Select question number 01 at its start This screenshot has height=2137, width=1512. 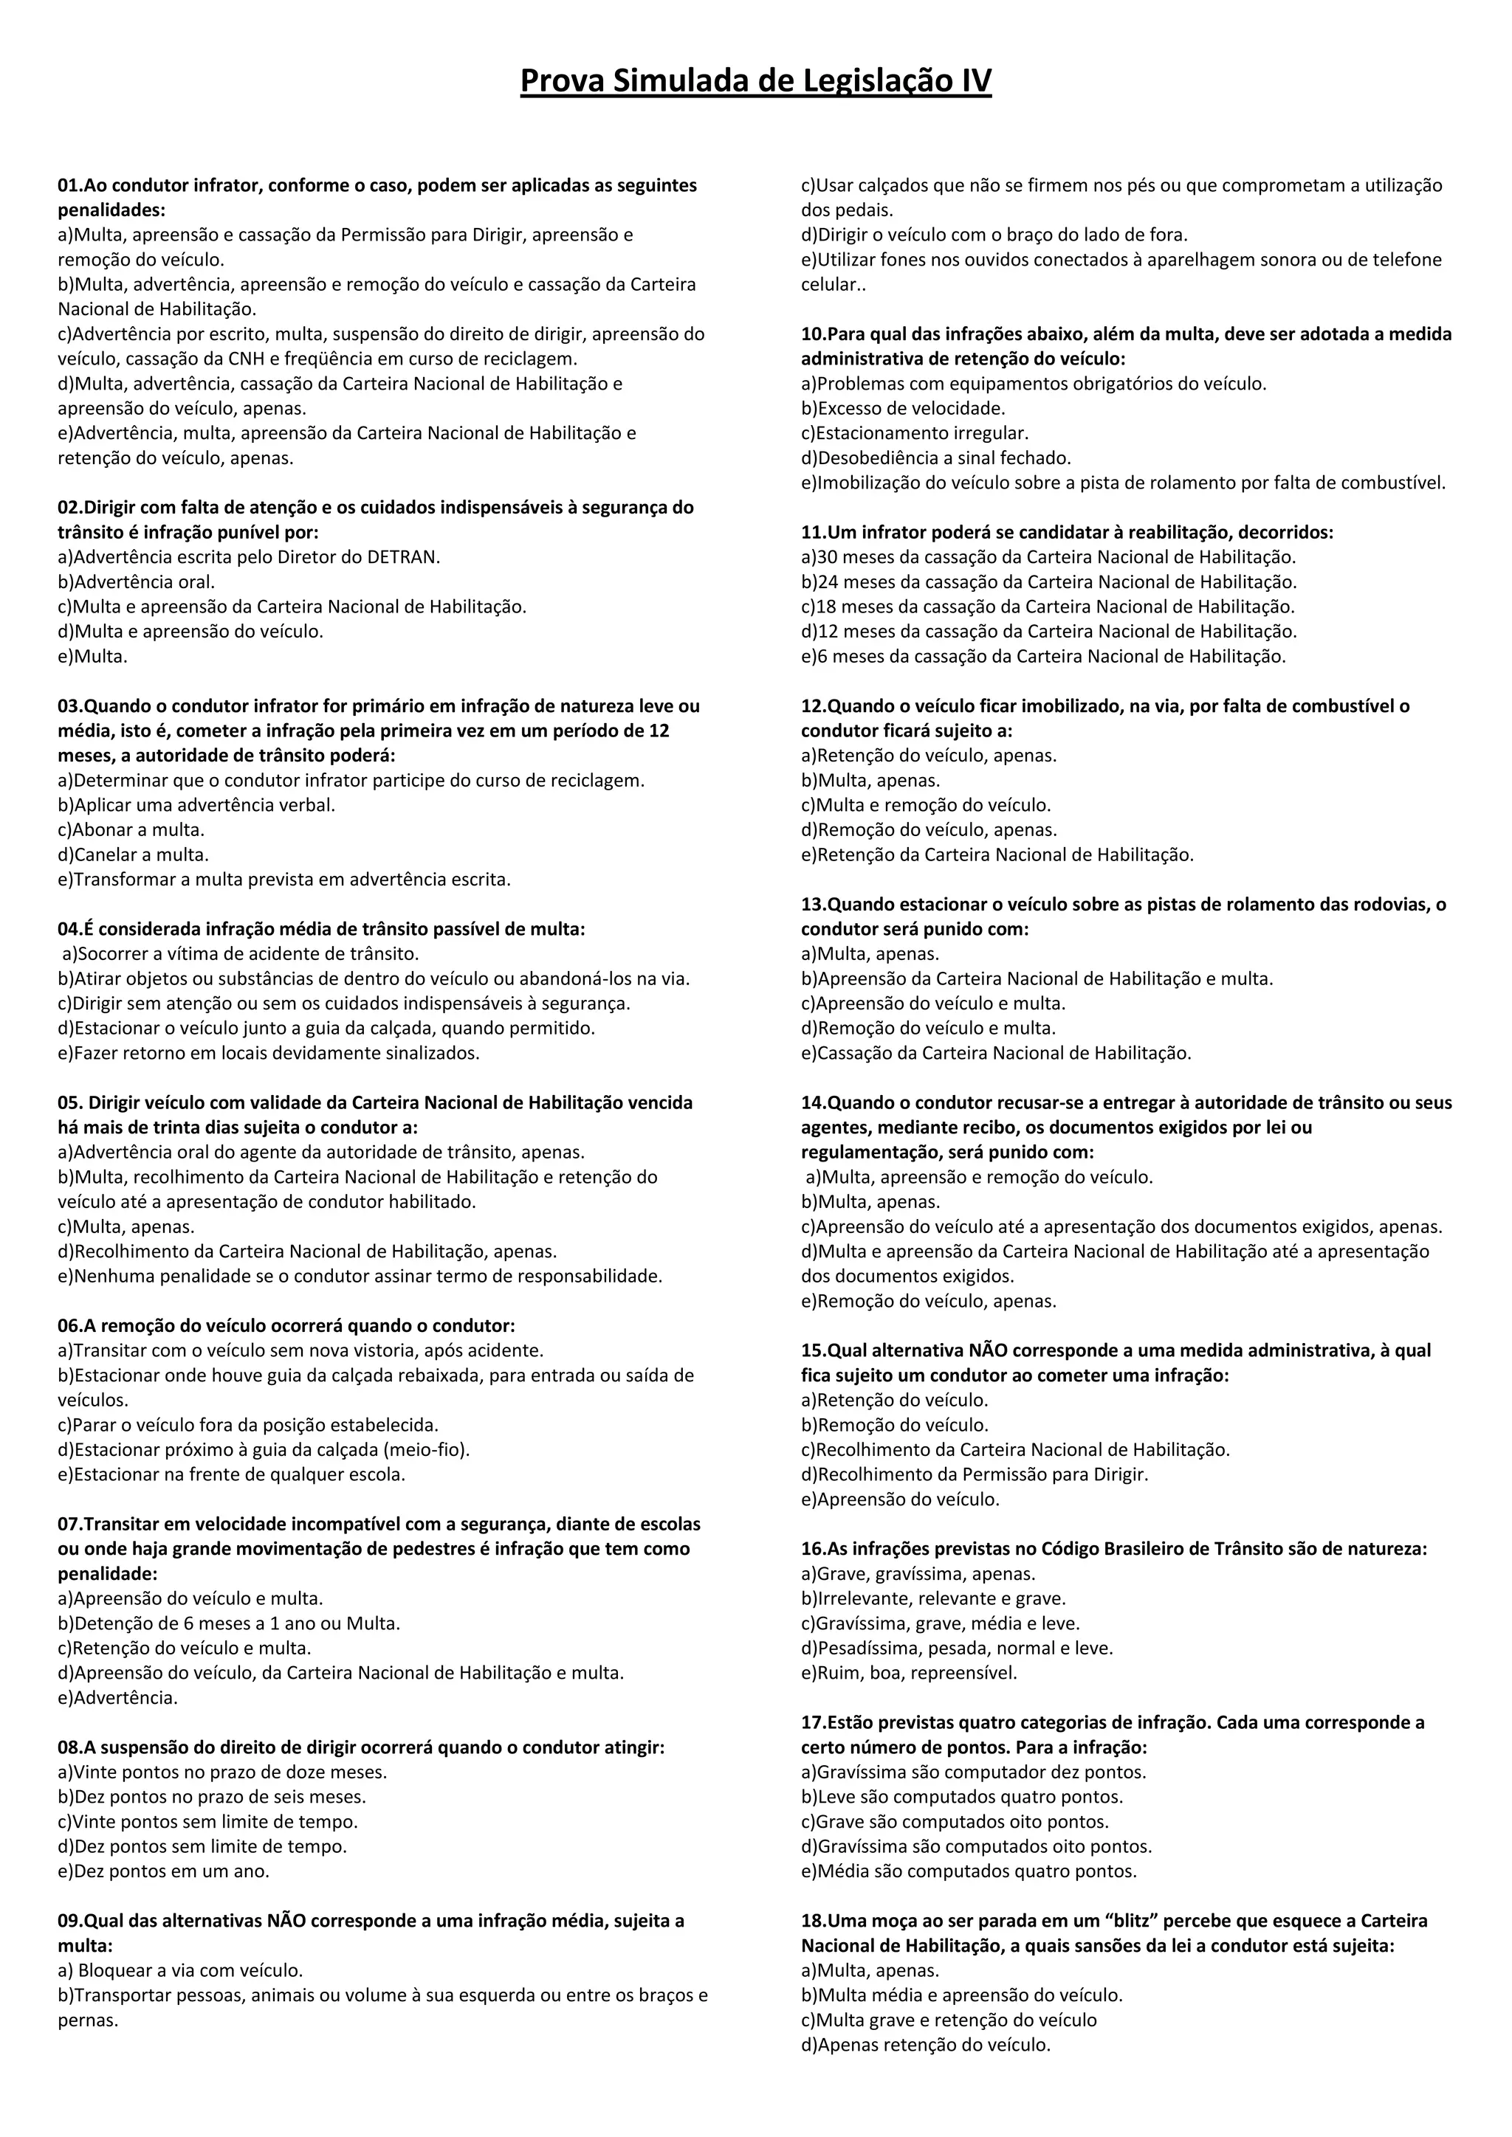point(70,185)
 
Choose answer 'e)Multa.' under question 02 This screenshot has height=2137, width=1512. point(92,656)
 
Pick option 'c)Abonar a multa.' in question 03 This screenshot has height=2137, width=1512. point(131,829)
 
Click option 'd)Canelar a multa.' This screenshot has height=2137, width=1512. point(133,855)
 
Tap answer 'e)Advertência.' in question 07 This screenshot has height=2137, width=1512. point(117,1698)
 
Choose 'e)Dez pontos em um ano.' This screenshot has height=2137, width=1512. point(164,1871)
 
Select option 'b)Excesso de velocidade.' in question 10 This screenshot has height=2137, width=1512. point(903,407)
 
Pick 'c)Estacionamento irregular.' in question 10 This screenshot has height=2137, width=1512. point(914,433)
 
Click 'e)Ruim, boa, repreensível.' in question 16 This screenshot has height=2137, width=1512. point(909,1673)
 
